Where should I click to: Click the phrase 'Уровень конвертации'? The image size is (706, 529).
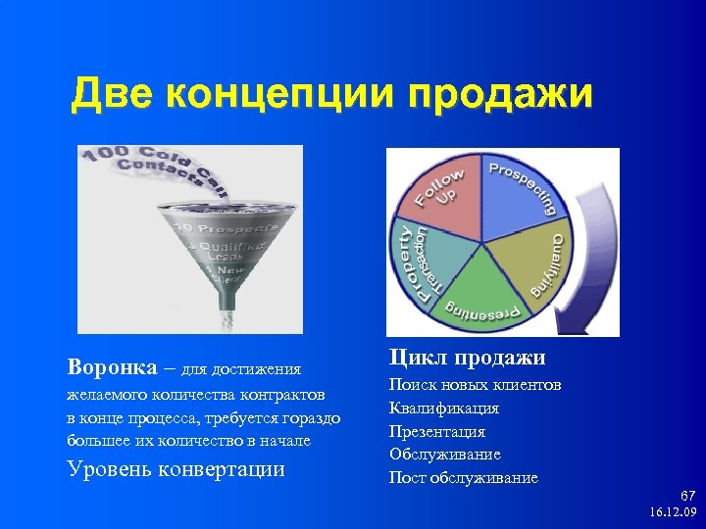[176, 468]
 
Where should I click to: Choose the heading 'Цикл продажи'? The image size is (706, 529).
[467, 358]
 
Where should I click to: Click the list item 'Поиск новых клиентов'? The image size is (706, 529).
[475, 385]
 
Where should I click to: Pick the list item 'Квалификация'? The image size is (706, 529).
[443, 409]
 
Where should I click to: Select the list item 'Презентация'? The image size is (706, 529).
[436, 432]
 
